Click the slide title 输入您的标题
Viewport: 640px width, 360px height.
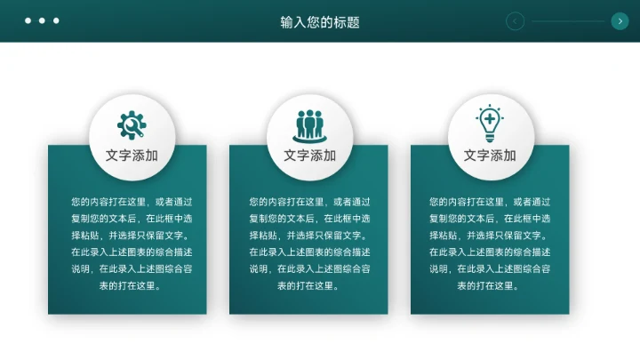coord(320,22)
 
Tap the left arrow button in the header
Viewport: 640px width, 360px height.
coord(515,21)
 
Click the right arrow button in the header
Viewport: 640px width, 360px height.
coord(620,21)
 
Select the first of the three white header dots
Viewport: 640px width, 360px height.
coord(28,20)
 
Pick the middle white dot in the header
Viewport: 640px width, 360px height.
coord(42,20)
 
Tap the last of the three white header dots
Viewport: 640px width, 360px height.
coord(56,20)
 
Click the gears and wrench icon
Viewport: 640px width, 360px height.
coord(132,124)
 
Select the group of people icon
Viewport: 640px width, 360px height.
coord(310,125)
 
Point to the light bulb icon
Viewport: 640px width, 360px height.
coord(490,124)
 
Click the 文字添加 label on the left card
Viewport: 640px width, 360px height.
coord(132,156)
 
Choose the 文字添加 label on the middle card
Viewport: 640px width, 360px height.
coord(310,156)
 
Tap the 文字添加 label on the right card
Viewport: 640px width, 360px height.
coord(490,156)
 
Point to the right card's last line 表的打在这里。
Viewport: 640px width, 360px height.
coord(489,285)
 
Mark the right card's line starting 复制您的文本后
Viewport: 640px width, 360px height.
coord(489,219)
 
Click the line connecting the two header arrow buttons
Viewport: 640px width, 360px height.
coord(567,21)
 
